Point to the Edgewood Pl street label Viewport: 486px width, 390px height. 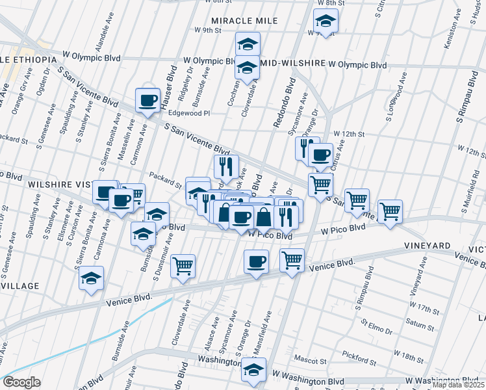coord(190,112)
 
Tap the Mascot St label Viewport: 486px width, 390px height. coord(309,360)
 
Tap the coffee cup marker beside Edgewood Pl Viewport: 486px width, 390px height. coord(148,101)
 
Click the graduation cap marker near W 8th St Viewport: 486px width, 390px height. coord(325,21)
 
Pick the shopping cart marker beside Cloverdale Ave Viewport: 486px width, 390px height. coord(183,265)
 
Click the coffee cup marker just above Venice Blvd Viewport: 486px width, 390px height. coord(256,262)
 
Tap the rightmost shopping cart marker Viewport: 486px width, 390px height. coord(390,211)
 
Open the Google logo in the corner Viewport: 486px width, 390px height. coord(21,382)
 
